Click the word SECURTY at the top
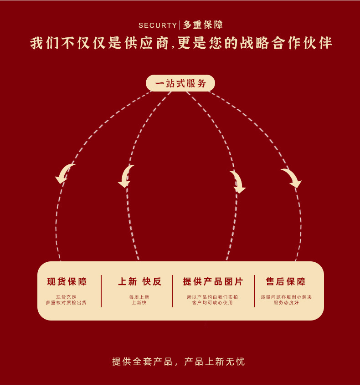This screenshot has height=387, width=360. pos(158,25)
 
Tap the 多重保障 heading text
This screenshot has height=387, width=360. pos(203,25)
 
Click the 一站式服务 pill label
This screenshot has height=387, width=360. pos(180,83)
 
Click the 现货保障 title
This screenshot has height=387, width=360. pos(67,281)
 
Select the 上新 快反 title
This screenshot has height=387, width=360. pos(140,281)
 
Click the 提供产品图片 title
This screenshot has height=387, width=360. pos(213,281)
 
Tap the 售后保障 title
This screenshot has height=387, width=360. pos(286,281)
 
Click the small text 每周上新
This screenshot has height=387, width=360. pos(139,297)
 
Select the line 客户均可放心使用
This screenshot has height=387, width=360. pos(212,302)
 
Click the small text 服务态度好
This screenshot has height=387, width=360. pos(286,302)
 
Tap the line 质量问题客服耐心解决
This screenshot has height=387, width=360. pos(286,297)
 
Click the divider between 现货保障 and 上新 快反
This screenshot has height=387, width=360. pos(101,291)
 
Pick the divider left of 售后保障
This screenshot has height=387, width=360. pos(254,291)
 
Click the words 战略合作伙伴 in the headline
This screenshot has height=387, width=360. pos(287,43)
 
